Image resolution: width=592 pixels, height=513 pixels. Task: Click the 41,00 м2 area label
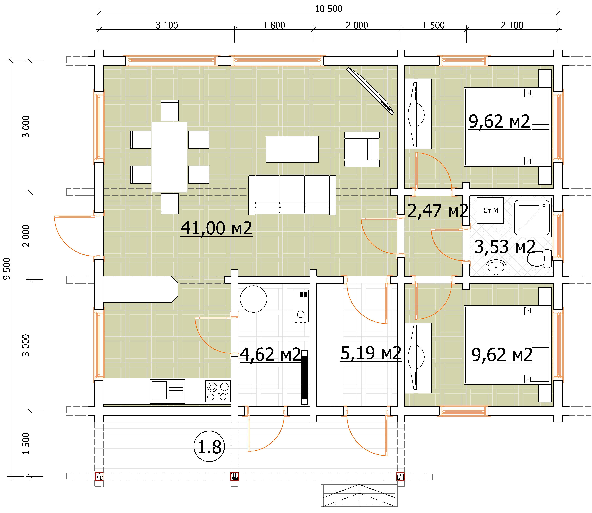pos(217,228)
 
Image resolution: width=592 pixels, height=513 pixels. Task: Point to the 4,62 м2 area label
pos(270,354)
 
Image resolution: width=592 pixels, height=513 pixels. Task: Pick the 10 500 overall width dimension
pos(329,9)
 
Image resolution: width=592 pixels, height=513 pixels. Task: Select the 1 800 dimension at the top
pos(274,26)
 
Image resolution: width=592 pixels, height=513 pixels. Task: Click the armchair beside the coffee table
pos(362,149)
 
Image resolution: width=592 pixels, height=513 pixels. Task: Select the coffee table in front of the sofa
pos(292,149)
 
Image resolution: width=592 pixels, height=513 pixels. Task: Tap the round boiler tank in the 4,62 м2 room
pos(253,299)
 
